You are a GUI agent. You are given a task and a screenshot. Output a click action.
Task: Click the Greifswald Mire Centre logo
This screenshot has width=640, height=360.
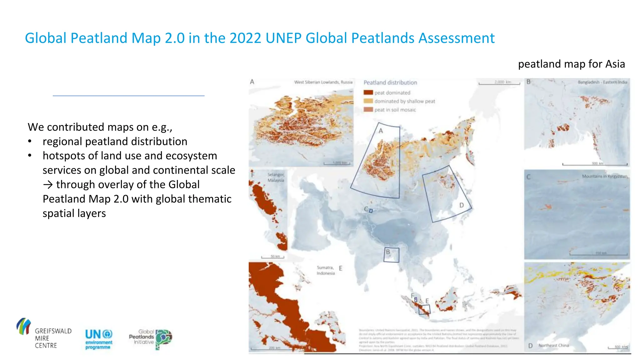click(x=44, y=334)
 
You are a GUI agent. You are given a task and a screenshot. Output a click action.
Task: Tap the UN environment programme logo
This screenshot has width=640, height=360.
click(x=98, y=339)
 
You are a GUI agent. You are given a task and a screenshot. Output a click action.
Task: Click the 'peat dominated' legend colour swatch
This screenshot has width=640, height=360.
click(x=368, y=92)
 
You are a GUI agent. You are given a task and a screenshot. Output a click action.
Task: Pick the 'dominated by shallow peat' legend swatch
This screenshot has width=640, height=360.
click(x=368, y=101)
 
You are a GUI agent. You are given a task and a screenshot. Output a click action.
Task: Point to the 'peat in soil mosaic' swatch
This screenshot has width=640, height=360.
click(x=368, y=109)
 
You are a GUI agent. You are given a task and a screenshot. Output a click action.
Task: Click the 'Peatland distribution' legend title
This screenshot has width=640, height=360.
click(x=390, y=82)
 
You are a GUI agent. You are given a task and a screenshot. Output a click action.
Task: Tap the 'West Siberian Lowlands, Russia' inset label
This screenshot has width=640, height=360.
click(x=323, y=82)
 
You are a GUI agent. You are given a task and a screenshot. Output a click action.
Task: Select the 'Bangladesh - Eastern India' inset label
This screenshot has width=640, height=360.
click(x=602, y=82)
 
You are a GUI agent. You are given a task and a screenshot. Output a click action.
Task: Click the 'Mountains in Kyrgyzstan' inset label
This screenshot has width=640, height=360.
click(x=604, y=176)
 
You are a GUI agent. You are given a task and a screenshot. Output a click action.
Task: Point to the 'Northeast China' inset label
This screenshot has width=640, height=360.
click(x=553, y=345)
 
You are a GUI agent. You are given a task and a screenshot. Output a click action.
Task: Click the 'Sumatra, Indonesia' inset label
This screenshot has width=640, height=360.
click(x=326, y=270)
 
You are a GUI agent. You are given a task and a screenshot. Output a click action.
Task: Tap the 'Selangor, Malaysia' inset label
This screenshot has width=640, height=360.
click(x=276, y=177)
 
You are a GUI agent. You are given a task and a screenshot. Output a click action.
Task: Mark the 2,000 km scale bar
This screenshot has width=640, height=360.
click(x=499, y=83)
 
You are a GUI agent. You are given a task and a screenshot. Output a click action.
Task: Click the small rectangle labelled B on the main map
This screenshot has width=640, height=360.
click(x=391, y=255)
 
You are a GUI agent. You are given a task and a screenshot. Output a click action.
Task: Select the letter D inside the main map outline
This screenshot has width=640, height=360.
click(x=461, y=205)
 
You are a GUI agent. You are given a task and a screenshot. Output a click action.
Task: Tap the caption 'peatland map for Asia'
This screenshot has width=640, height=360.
click(x=571, y=64)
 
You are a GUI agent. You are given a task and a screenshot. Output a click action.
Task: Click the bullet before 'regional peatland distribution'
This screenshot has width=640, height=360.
click(x=30, y=142)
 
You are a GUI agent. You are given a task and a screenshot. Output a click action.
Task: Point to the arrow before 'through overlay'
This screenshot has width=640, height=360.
click(x=48, y=185)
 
